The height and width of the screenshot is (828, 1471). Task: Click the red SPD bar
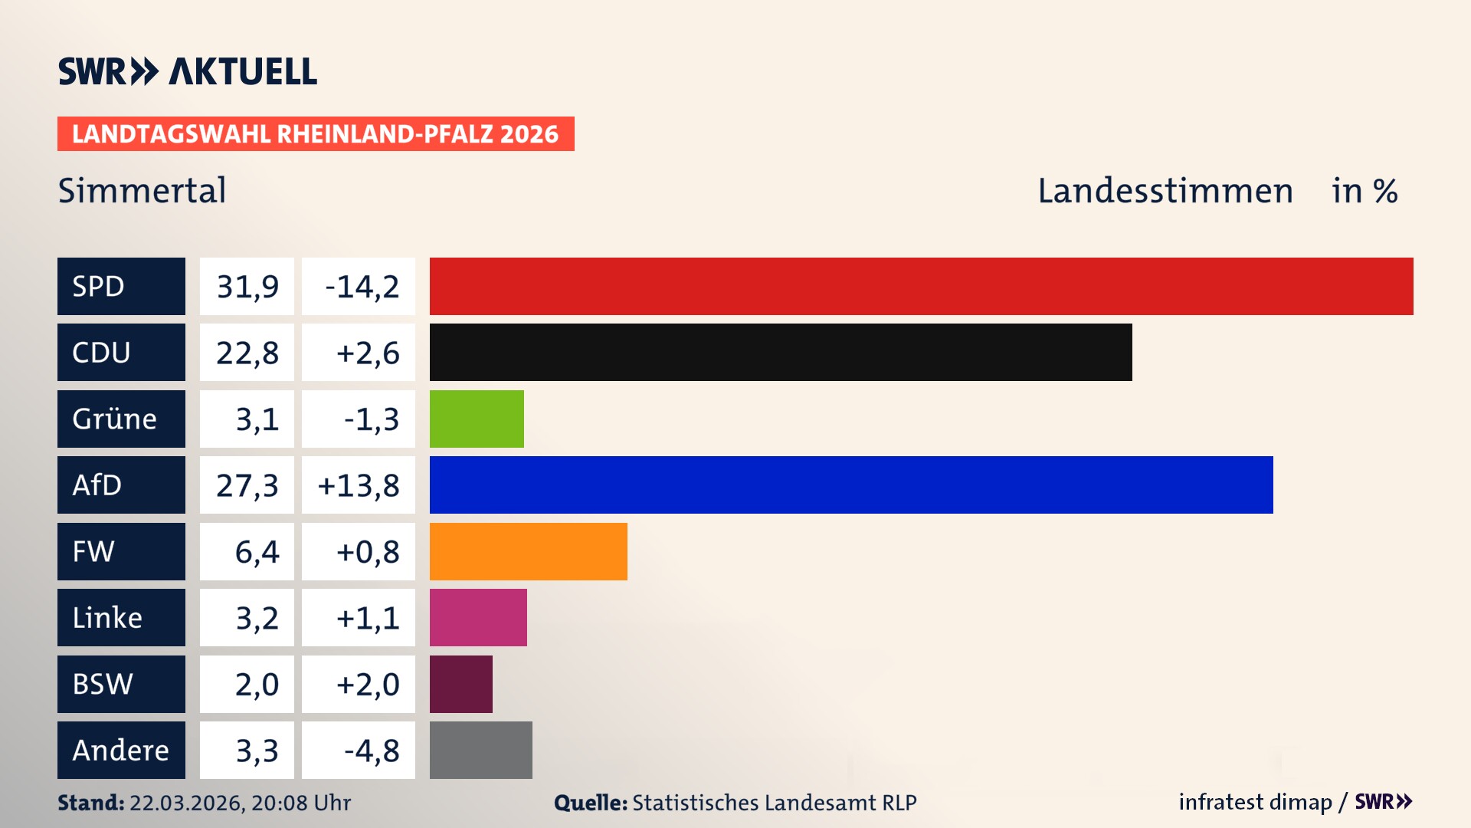coord(921,286)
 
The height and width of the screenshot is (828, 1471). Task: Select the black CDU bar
coord(781,353)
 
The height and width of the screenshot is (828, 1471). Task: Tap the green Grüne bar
coord(477,419)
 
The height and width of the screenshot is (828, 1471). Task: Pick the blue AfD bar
coord(851,485)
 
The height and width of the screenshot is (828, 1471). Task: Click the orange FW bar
coord(528,551)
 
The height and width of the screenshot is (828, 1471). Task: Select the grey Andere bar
coord(480,750)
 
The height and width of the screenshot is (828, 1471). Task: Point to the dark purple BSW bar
coord(460,684)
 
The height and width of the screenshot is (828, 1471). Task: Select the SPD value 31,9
coord(247,287)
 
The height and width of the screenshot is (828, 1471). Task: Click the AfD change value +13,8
coord(359,485)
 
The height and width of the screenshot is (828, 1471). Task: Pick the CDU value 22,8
coord(247,353)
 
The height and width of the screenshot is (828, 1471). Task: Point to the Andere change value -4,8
coord(372,751)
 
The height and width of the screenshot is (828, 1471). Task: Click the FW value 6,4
coord(257,552)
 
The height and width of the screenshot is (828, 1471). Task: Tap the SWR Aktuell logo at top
coord(187,71)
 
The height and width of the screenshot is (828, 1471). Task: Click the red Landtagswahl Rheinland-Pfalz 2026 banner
coord(315,134)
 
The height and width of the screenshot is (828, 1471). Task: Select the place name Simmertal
coord(142,190)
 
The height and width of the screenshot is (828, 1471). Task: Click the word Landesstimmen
coord(1165,191)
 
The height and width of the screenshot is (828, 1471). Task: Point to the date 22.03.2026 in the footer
coord(185,803)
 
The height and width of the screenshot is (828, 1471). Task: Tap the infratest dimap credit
coord(1254,802)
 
